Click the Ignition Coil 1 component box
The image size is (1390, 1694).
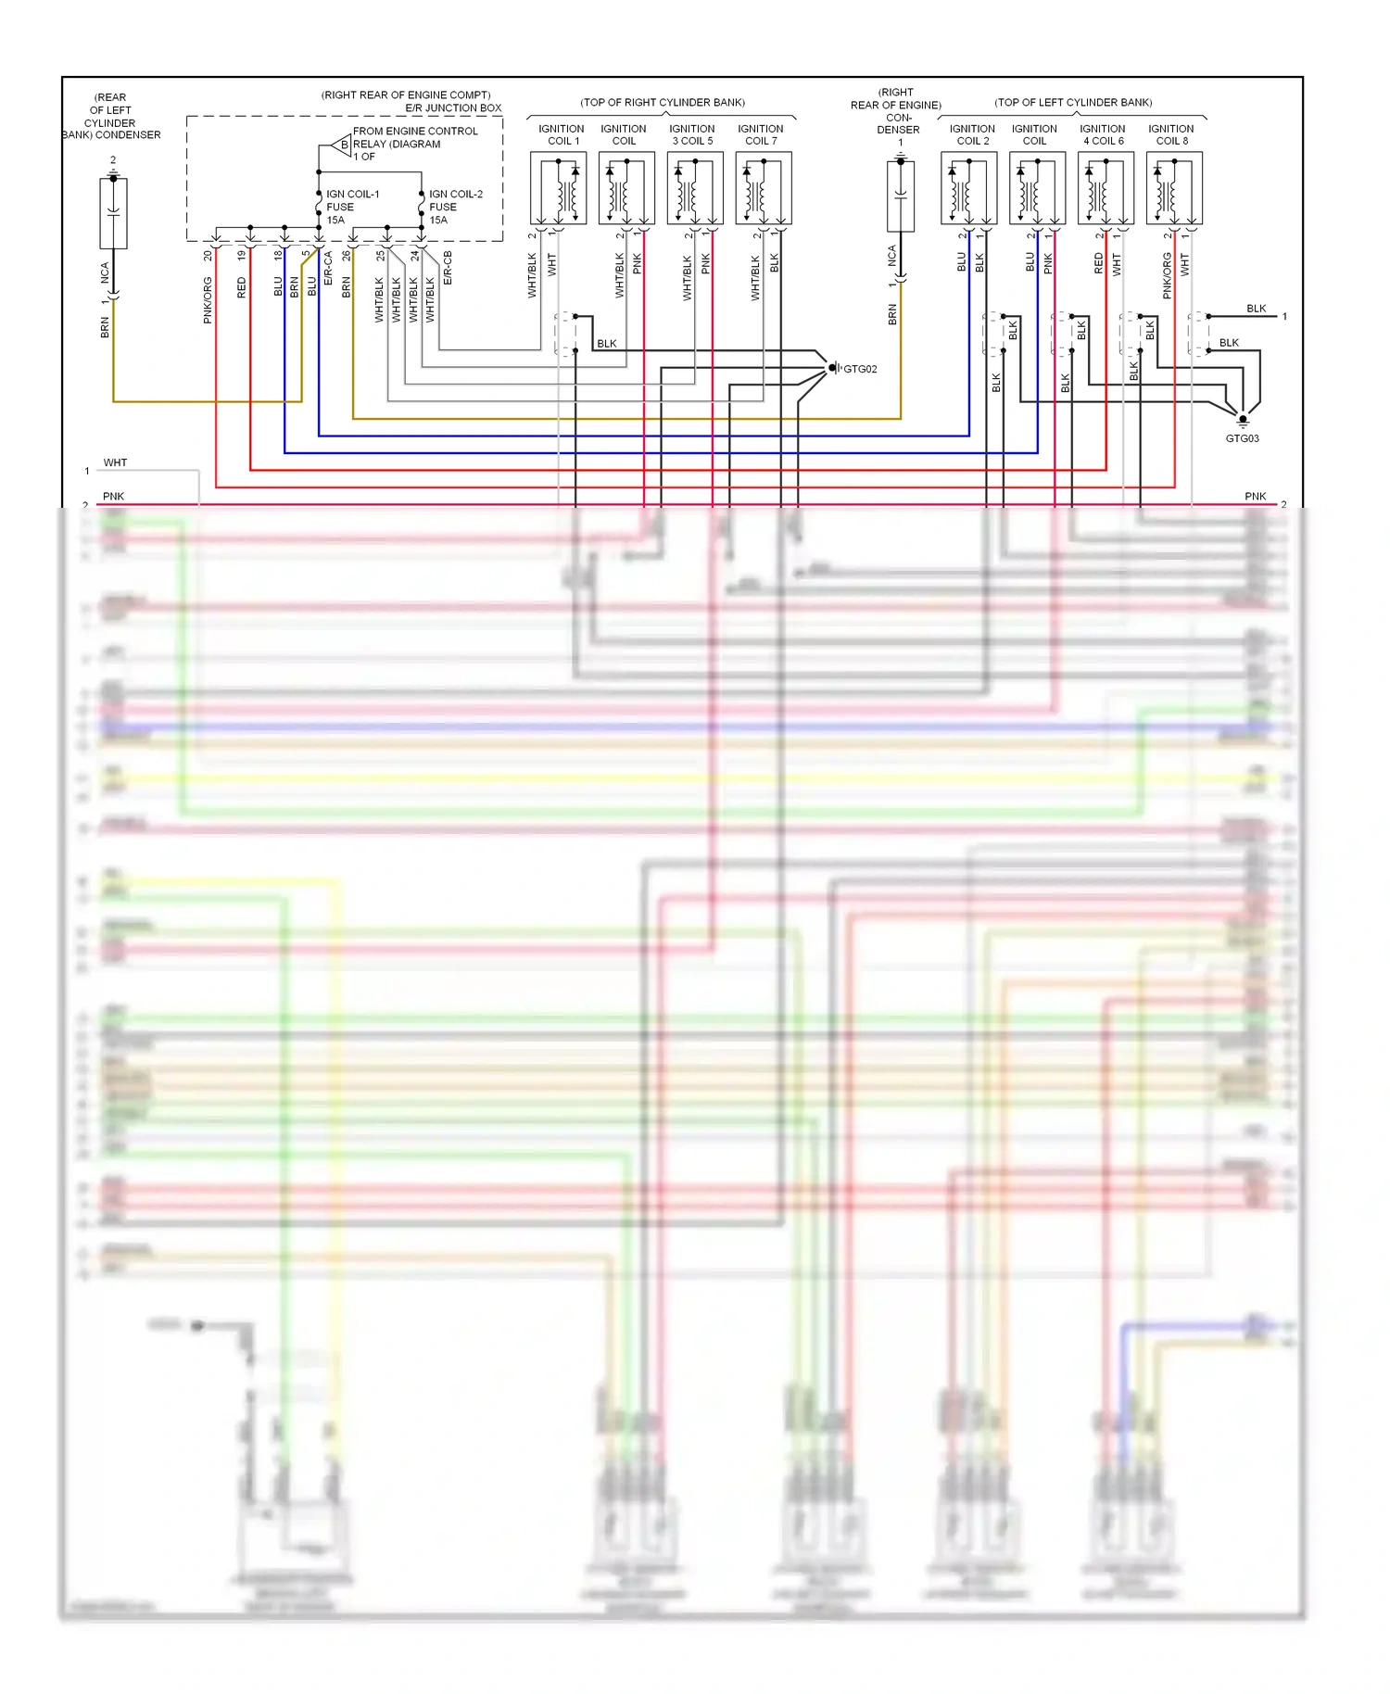[558, 188]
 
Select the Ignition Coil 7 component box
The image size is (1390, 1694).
[764, 188]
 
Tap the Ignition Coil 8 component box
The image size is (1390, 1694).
[1174, 188]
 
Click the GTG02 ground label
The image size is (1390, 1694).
[859, 369]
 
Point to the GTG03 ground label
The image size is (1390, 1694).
[1242, 438]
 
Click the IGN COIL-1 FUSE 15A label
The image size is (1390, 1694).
[351, 207]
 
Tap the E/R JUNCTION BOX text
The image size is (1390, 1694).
[453, 108]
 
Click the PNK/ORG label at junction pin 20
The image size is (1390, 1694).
[208, 300]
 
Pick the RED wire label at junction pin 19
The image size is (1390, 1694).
[242, 287]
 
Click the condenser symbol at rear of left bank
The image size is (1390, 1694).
[113, 214]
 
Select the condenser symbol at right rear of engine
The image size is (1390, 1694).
[900, 196]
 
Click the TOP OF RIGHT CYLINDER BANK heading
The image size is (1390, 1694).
[663, 103]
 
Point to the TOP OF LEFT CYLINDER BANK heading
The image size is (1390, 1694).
[1073, 103]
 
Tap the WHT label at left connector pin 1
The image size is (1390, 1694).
[115, 462]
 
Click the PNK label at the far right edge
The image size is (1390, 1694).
[1255, 497]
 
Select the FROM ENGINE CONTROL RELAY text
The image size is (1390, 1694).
[414, 138]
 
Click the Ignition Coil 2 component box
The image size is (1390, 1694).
[968, 188]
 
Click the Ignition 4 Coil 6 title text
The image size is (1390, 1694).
[1103, 135]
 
